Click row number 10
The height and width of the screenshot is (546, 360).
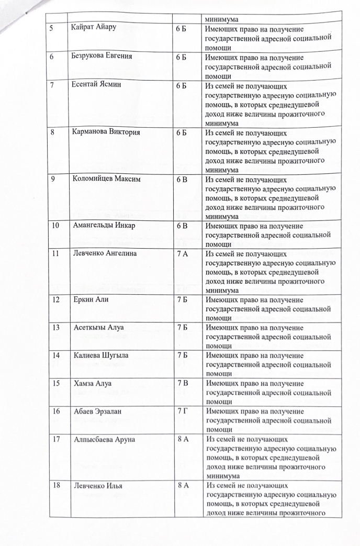tap(55, 226)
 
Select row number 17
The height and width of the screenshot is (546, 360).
tap(55, 439)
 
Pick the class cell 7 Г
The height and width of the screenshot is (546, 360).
tap(183, 411)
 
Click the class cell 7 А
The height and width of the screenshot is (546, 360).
tap(183, 254)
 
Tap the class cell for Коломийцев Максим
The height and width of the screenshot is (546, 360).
tap(183, 179)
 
